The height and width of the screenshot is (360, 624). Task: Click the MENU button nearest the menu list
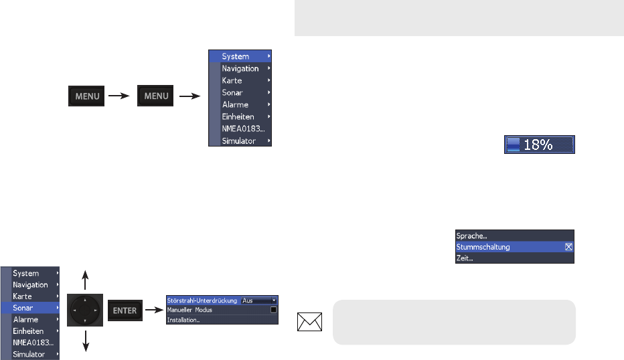click(x=155, y=96)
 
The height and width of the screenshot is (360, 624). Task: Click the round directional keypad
click(x=84, y=310)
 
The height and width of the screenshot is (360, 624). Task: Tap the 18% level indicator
click(x=540, y=145)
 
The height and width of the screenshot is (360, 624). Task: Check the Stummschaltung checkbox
click(x=568, y=247)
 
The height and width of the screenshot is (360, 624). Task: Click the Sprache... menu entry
click(x=472, y=236)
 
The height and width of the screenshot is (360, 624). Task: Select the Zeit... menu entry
click(x=465, y=258)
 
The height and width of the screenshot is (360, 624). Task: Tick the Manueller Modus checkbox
click(x=273, y=310)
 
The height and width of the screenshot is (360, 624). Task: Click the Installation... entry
click(x=185, y=320)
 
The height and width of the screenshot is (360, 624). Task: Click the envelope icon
click(x=311, y=323)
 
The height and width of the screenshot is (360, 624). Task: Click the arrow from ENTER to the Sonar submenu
click(x=154, y=310)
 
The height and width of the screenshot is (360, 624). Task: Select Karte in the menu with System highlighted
click(x=232, y=80)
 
